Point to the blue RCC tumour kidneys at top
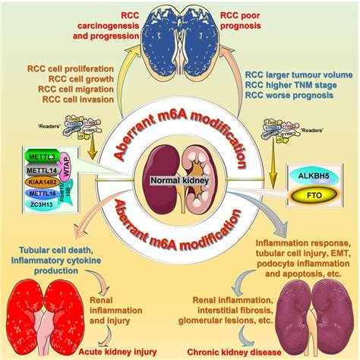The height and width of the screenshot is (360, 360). pyautogui.click(x=180, y=32)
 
